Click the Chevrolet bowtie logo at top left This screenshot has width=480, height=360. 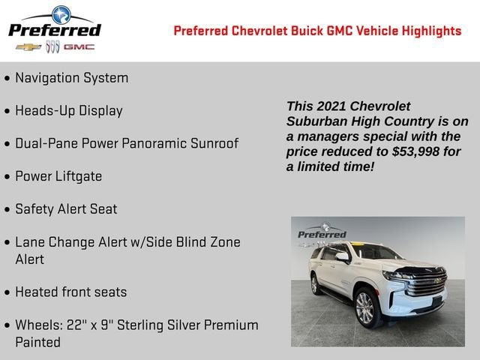(28, 47)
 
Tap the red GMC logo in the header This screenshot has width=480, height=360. (79, 47)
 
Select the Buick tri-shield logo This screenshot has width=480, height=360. (52, 47)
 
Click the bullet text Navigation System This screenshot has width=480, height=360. (71, 78)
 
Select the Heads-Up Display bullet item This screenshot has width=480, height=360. (68, 111)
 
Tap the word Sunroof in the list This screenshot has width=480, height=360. (212, 143)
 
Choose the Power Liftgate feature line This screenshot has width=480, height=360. (58, 176)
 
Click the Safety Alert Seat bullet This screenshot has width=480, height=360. (66, 209)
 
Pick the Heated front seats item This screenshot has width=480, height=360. (70, 292)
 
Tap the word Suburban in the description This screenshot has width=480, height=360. (315, 121)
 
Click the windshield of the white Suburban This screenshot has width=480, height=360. (375, 252)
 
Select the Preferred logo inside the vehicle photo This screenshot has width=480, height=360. (322, 232)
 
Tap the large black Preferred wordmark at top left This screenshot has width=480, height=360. (54, 29)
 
